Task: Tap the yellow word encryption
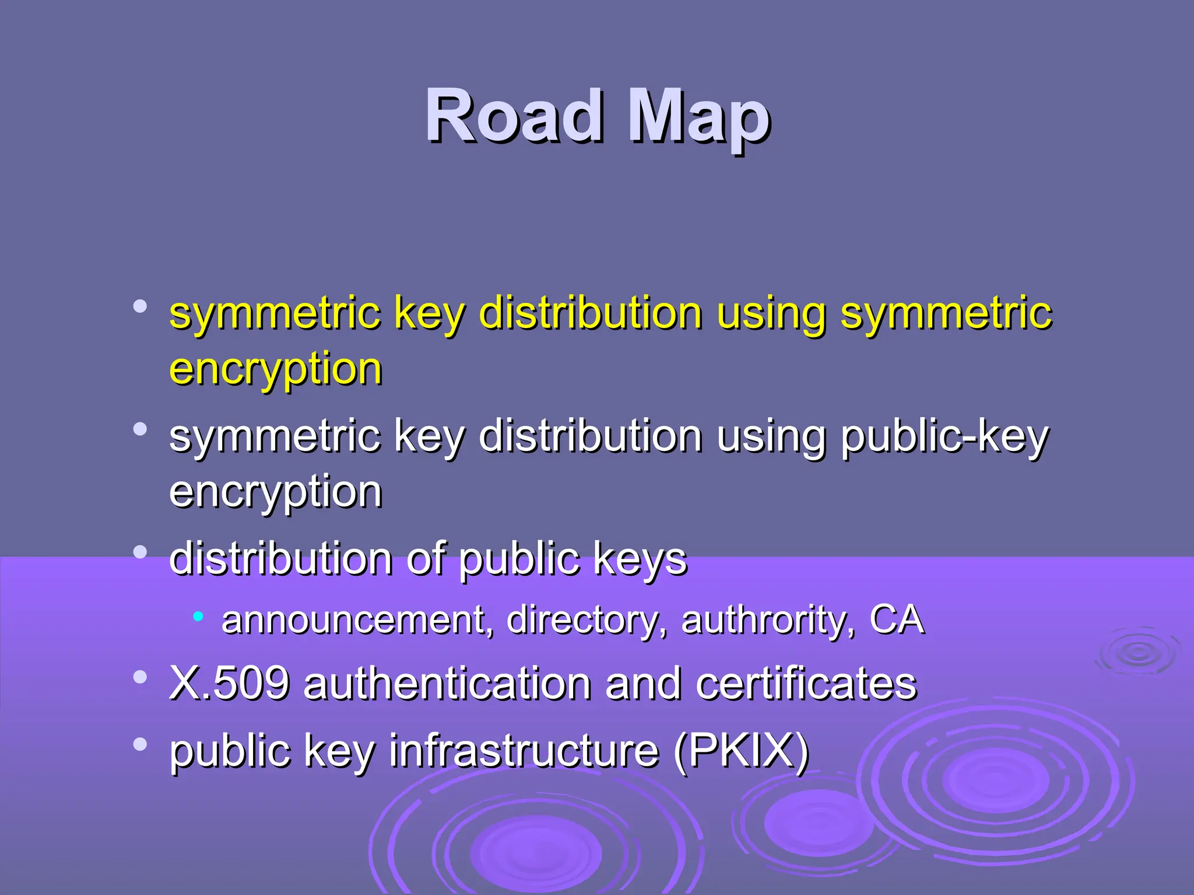(276, 370)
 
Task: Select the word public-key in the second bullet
(944, 437)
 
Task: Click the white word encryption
(276, 493)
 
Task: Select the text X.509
(229, 683)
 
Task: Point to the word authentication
(447, 683)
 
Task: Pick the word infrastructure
(524, 750)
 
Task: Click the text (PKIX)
(741, 751)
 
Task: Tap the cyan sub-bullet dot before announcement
(198, 615)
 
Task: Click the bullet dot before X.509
(140, 677)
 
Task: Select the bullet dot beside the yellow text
(140, 306)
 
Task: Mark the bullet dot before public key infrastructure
(140, 744)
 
